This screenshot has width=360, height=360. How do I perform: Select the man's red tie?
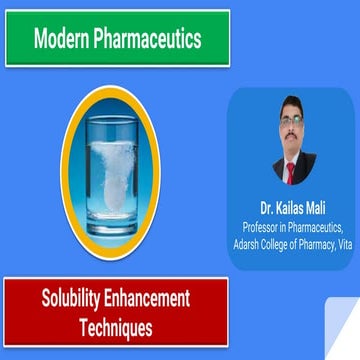pos(294,170)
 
